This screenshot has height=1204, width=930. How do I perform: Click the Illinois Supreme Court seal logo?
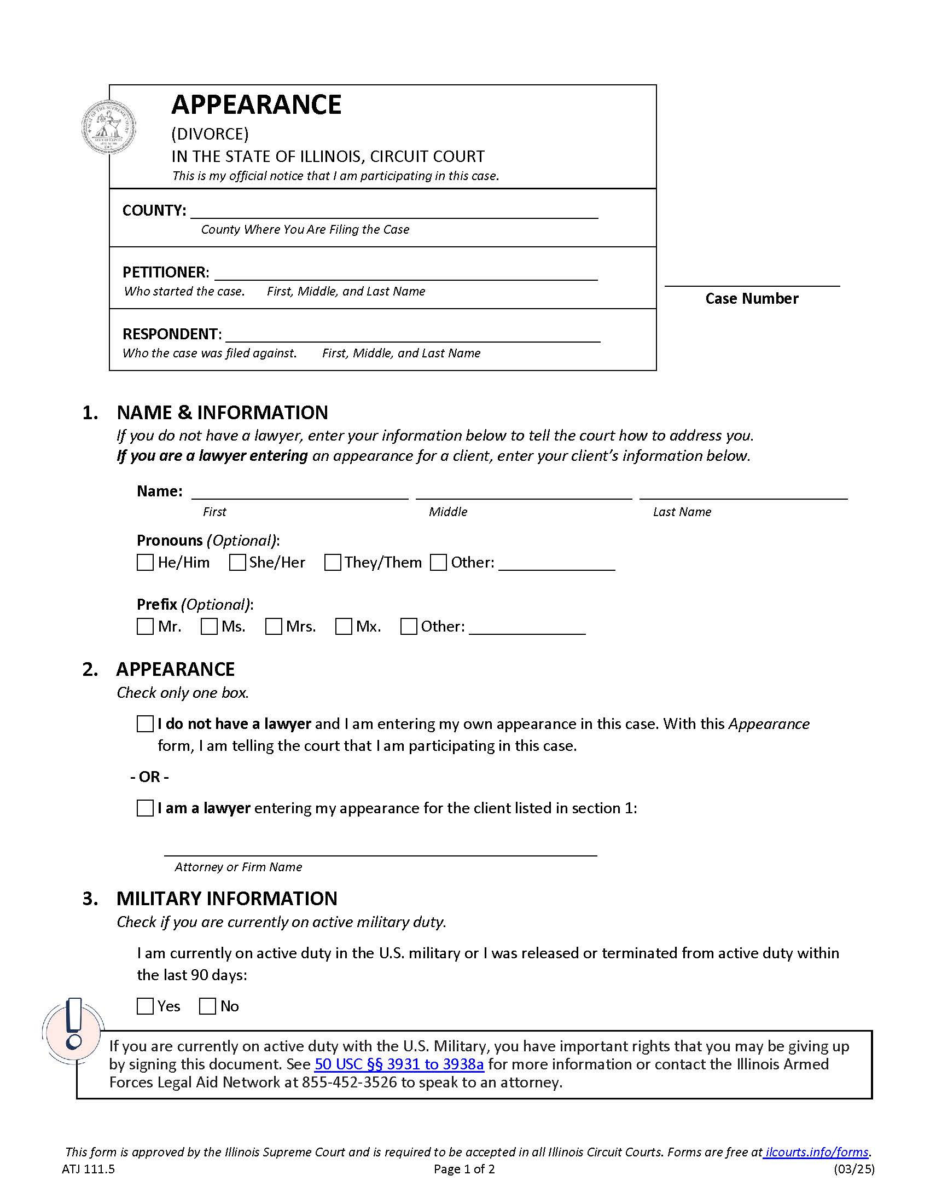pyautogui.click(x=109, y=128)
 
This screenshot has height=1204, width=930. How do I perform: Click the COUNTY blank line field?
pyautogui.click(x=394, y=212)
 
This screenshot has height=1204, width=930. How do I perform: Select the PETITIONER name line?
pyautogui.click(x=405, y=274)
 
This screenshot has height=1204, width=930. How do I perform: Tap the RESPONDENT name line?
pyautogui.click(x=412, y=335)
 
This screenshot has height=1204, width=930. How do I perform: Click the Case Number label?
pyautogui.click(x=752, y=298)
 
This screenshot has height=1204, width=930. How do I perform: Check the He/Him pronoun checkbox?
pyautogui.click(x=145, y=562)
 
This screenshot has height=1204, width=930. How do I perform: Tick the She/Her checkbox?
pyautogui.click(x=237, y=562)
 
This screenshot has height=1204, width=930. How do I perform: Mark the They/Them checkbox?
pyautogui.click(x=332, y=562)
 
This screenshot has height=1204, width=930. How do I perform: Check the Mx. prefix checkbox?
pyautogui.click(x=343, y=626)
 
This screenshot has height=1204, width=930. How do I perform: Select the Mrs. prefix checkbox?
pyautogui.click(x=274, y=626)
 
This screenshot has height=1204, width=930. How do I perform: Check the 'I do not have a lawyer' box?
pyautogui.click(x=145, y=724)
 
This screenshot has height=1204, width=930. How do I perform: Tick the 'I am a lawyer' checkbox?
pyautogui.click(x=145, y=808)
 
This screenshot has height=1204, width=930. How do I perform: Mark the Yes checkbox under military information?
pyautogui.click(x=145, y=1006)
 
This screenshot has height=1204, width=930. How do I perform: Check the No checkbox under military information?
pyautogui.click(x=207, y=1006)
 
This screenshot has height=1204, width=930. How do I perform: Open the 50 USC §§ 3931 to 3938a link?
pyautogui.click(x=399, y=1064)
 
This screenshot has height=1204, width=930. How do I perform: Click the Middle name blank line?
pyautogui.click(x=524, y=493)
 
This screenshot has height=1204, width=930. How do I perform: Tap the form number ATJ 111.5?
pyautogui.click(x=88, y=1169)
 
